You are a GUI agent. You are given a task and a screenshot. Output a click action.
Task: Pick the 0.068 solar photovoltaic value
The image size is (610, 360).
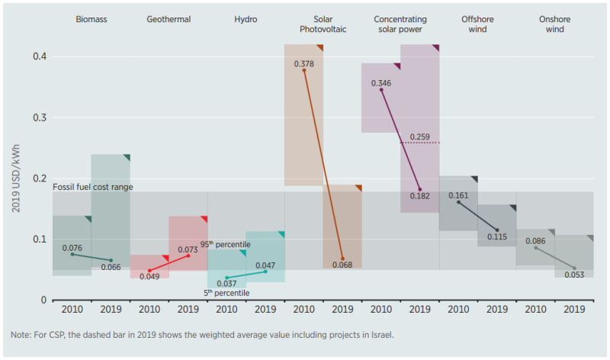click(x=342, y=265)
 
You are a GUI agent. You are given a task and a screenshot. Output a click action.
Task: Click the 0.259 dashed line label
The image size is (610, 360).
click(x=419, y=137)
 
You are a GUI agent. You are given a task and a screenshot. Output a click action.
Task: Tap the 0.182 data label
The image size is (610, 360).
click(x=419, y=195)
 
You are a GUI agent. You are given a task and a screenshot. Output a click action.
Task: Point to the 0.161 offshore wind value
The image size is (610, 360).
click(x=459, y=195)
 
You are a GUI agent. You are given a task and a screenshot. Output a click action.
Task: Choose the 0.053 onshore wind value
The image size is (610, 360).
click(x=574, y=275)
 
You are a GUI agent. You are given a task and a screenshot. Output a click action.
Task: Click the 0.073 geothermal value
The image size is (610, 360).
click(x=188, y=249)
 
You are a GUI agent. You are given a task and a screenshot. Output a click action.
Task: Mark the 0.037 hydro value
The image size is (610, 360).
click(x=226, y=284)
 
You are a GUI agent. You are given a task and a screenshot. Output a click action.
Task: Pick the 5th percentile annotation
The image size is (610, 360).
click(x=226, y=292)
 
